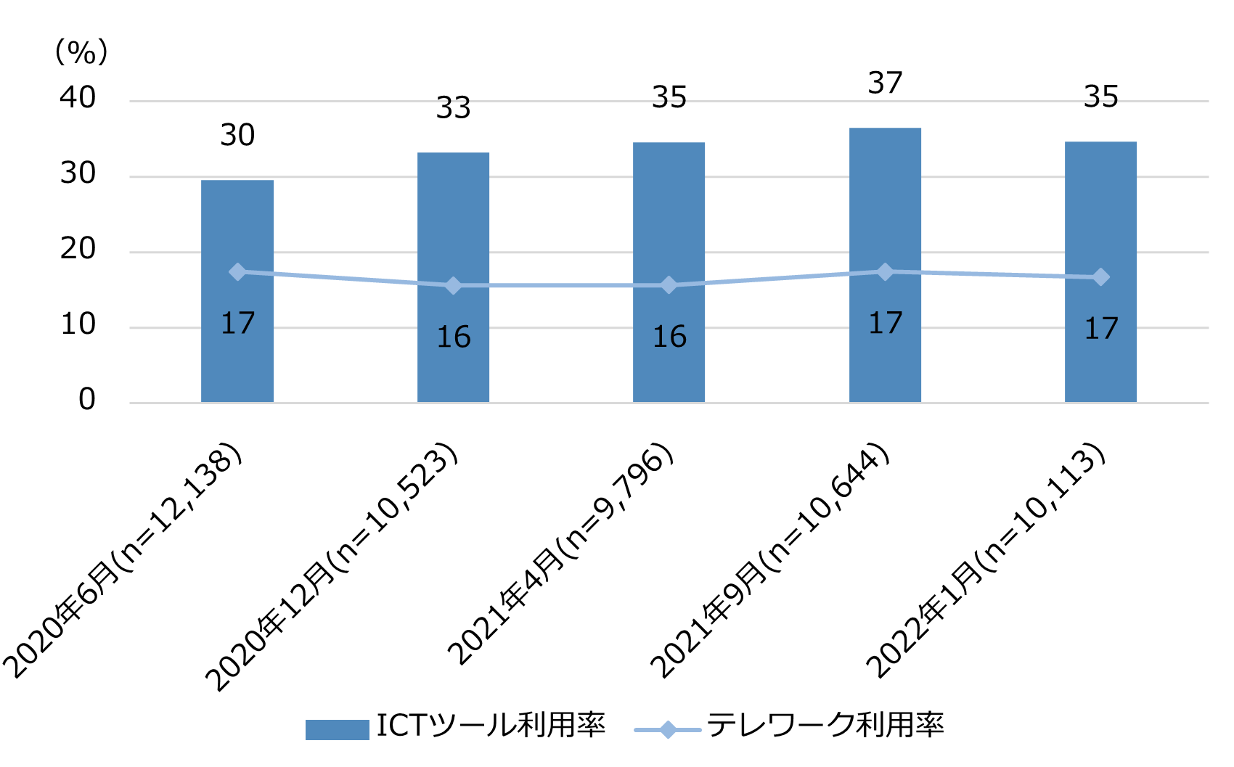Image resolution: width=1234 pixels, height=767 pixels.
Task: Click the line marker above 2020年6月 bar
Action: (237, 271)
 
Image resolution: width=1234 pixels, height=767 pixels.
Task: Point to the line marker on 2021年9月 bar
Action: (885, 271)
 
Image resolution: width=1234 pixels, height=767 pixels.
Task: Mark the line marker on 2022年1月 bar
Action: (1100, 277)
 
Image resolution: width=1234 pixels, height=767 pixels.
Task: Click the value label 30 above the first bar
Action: (237, 136)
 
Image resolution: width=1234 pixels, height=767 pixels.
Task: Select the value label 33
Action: (453, 108)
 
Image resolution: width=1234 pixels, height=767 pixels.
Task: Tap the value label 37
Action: (885, 83)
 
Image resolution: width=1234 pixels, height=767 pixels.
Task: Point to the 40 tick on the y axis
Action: (78, 98)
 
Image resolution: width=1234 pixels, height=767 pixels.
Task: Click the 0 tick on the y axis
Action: (87, 400)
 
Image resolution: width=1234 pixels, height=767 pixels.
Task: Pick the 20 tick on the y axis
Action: (78, 249)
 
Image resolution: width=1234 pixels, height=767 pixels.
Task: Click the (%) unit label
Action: (81, 52)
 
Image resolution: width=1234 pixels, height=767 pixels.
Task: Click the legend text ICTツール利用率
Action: (491, 726)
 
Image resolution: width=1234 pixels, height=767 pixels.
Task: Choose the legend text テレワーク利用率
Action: (825, 726)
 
